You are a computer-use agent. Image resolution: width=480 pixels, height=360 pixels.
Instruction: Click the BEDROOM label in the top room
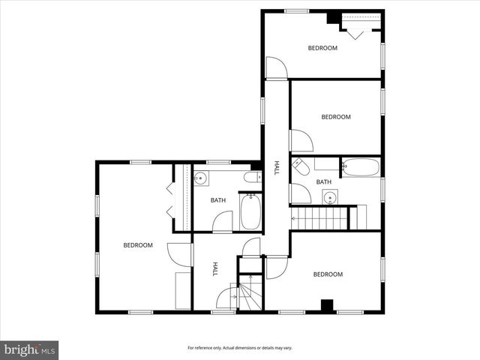click(322, 48)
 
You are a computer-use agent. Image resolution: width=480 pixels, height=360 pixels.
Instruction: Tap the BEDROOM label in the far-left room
click(138, 245)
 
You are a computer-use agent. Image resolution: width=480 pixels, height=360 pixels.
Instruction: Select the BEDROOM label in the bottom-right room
click(328, 274)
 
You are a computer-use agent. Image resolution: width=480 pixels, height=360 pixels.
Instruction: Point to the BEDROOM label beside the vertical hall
click(336, 117)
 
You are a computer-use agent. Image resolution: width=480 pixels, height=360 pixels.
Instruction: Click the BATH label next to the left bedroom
click(217, 200)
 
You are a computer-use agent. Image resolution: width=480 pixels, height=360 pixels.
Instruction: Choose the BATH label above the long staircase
click(323, 182)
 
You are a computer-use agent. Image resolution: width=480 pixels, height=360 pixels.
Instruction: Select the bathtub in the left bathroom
click(250, 211)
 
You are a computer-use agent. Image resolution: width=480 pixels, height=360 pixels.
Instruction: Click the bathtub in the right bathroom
click(361, 167)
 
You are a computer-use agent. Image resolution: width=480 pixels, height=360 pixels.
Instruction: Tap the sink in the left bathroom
click(200, 178)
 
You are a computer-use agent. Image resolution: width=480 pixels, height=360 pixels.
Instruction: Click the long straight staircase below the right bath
click(320, 219)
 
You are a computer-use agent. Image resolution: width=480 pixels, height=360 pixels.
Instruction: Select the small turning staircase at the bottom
click(249, 293)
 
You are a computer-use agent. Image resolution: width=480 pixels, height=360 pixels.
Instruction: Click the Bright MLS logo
click(30, 349)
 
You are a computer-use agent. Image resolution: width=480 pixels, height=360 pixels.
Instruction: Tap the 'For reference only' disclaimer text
click(239, 348)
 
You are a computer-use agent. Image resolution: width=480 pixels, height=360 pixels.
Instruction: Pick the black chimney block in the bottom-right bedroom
click(326, 305)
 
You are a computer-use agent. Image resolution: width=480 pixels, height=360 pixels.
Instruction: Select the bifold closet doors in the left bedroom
click(169, 199)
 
